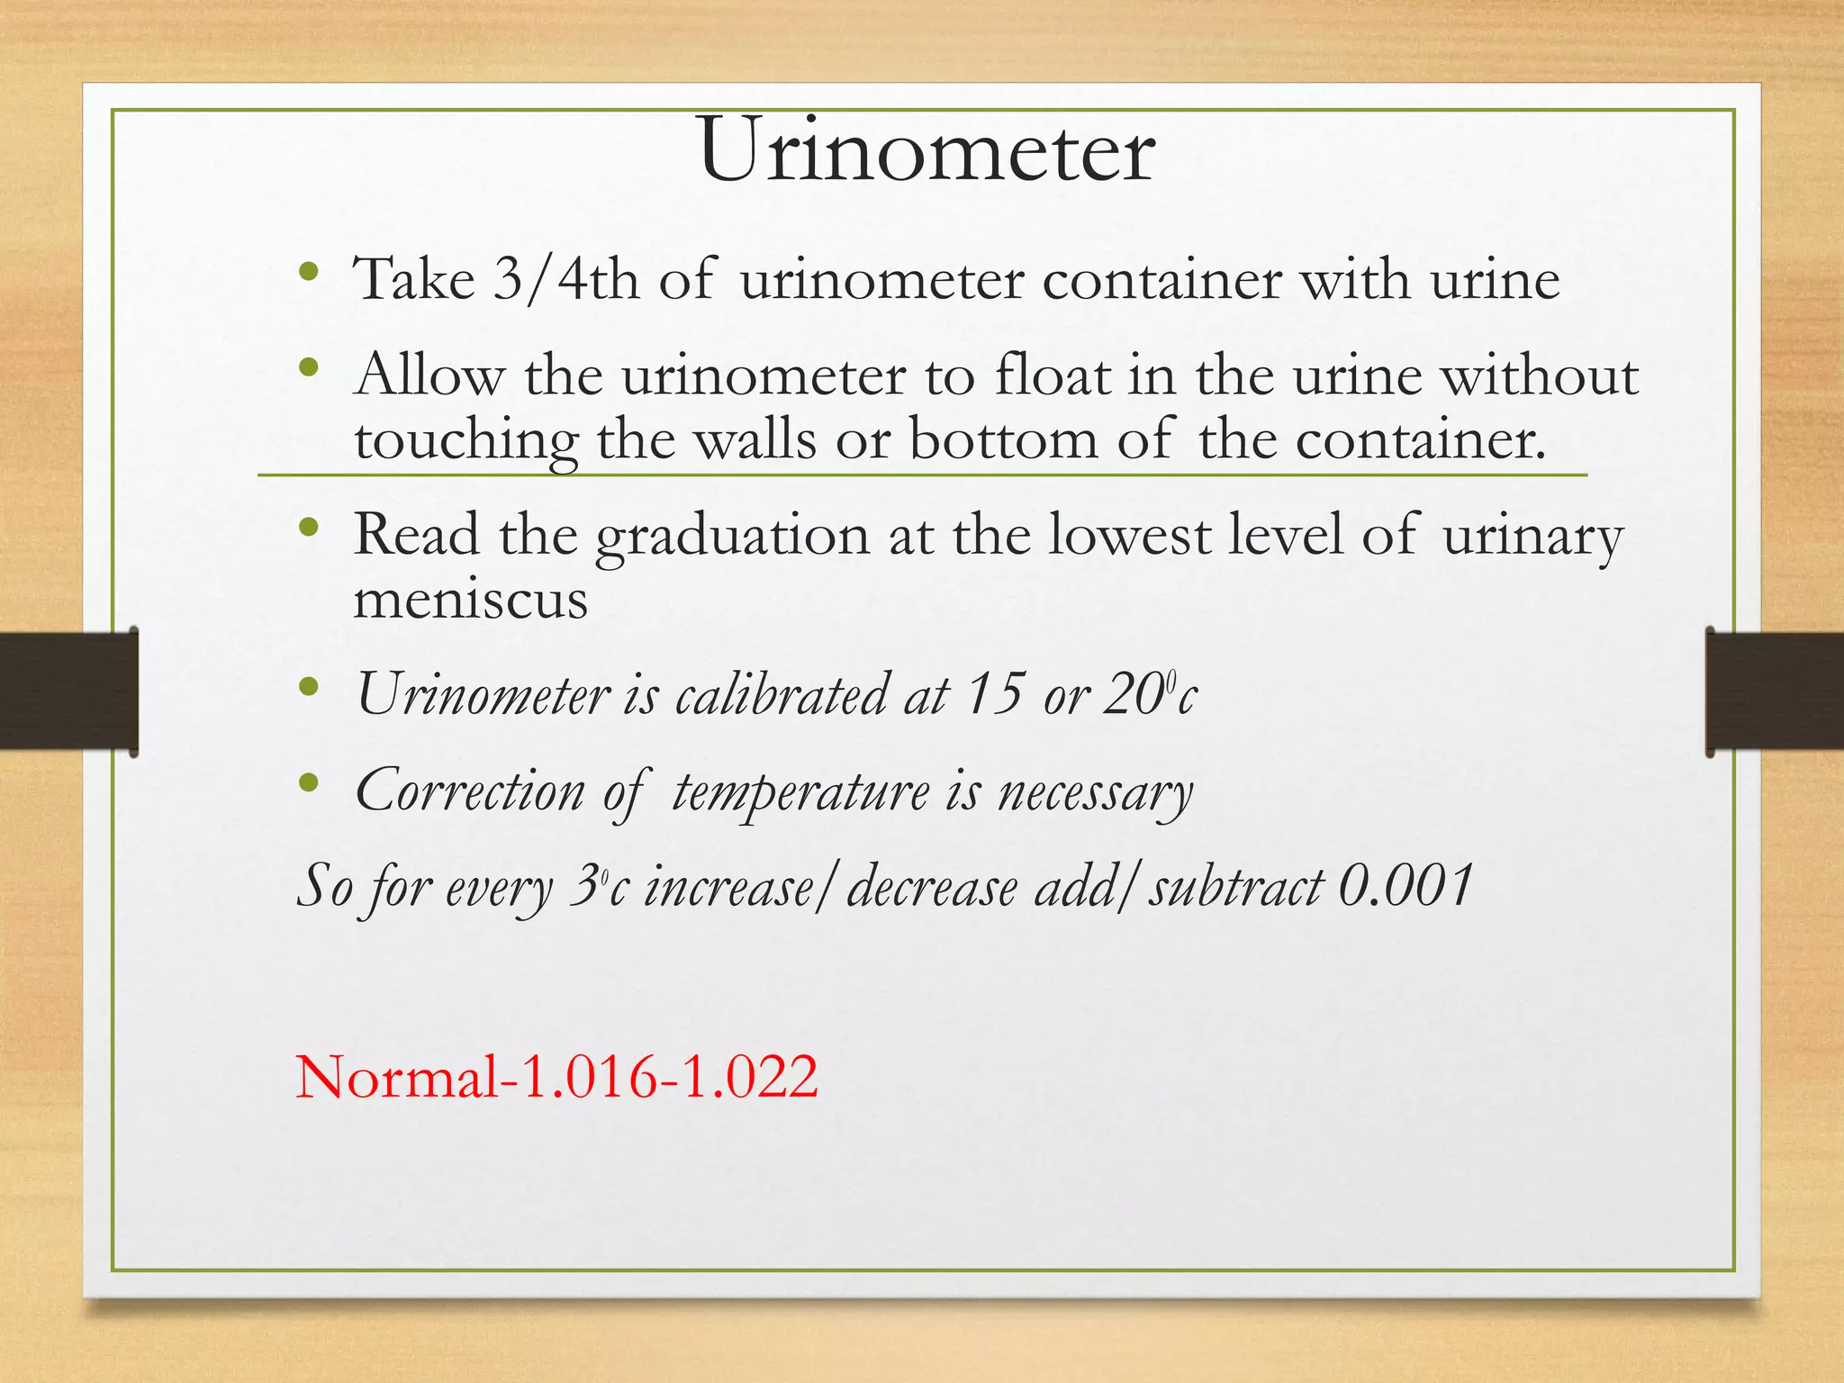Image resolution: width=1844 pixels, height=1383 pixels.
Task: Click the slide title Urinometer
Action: tap(927, 150)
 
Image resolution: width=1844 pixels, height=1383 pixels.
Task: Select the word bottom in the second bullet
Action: tap(1004, 440)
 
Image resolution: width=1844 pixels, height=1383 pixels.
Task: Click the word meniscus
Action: tap(470, 600)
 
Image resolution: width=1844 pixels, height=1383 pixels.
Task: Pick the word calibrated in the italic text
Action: tap(780, 695)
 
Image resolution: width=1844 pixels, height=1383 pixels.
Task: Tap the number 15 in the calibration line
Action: tap(995, 694)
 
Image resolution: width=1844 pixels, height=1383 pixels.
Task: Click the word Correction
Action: tap(470, 791)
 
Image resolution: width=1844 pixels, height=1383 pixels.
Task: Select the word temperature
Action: tap(800, 793)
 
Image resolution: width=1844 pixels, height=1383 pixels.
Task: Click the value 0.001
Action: tap(1405, 886)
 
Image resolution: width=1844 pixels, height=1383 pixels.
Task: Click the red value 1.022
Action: tap(751, 1077)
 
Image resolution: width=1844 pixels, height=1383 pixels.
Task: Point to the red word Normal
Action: tap(397, 1077)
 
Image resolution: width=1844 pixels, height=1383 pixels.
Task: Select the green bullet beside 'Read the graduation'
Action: tap(310, 527)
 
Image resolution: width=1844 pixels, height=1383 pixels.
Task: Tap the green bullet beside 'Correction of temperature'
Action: tap(310, 782)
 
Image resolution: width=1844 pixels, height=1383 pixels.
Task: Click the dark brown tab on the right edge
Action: tap(1775, 691)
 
